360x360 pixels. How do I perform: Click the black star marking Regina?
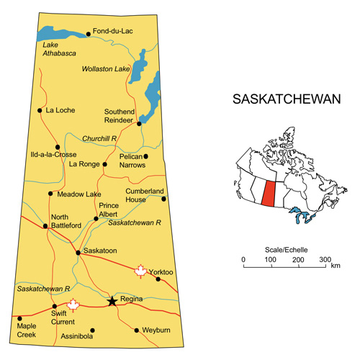[x=112, y=301]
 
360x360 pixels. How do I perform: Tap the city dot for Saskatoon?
[x=78, y=253]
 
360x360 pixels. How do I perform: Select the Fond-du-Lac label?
[x=113, y=32]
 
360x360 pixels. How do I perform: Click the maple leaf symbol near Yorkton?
[x=140, y=271]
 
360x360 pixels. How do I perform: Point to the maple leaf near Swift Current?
[x=72, y=305]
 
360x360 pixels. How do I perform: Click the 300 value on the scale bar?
[x=325, y=259]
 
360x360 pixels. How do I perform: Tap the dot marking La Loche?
[x=40, y=110]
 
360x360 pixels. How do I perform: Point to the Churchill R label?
[x=99, y=138]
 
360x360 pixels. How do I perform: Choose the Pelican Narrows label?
[x=130, y=161]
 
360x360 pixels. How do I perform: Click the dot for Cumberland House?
[x=163, y=199]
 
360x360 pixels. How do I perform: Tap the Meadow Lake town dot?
[x=50, y=193]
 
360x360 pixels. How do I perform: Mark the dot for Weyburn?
[x=138, y=330]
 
